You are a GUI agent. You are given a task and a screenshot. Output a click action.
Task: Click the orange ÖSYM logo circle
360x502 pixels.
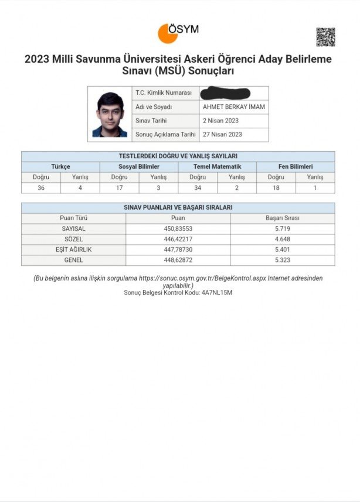click(167, 33)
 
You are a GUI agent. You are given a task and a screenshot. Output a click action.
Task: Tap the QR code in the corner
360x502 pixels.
click(325, 37)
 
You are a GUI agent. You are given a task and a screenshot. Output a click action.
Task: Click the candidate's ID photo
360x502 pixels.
click(110, 114)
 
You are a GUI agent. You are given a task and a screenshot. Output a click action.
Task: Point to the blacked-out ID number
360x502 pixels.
click(225, 93)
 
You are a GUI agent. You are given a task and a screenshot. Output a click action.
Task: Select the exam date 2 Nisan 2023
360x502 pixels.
click(220, 121)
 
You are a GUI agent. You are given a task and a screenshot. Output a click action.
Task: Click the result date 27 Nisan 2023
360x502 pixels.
click(222, 134)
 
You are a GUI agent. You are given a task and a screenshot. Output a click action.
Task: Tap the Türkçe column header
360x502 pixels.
click(60, 167)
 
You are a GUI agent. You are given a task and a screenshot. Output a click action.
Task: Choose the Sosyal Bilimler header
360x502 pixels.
click(139, 167)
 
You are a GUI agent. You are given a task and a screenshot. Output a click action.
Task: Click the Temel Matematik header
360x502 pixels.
click(217, 167)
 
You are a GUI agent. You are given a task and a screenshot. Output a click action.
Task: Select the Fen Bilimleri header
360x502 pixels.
click(296, 167)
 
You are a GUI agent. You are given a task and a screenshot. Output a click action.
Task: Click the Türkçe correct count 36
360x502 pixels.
click(41, 188)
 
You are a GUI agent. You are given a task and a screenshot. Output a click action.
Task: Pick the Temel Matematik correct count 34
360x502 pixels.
click(198, 188)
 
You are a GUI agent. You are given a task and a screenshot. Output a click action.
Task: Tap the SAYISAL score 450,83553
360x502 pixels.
click(178, 228)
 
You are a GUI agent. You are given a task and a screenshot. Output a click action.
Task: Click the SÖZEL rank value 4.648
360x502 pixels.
click(282, 239)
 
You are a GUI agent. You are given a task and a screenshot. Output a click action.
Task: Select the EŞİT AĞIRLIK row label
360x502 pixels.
click(73, 250)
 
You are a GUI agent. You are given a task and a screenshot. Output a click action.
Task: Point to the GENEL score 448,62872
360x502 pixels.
click(178, 260)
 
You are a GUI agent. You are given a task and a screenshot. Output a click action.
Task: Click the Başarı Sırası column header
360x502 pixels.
click(282, 218)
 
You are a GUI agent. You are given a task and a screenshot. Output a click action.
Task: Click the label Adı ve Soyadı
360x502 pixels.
click(154, 107)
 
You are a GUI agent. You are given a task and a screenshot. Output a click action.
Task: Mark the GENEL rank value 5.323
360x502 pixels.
click(282, 260)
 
